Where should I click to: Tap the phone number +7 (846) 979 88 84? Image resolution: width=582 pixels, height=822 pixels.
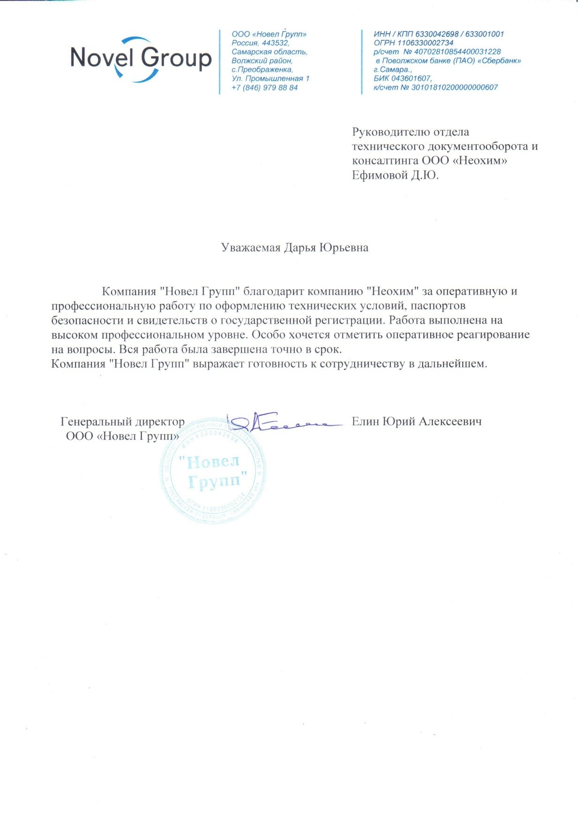coord(264,88)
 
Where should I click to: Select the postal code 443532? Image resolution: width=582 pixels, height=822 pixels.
coord(275,43)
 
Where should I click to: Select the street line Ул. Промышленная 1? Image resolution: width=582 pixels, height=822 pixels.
coord(270,79)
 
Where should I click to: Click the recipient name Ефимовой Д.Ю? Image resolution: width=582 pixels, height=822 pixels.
coord(395,176)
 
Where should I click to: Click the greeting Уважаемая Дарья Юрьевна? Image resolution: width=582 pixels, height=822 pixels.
coord(294,248)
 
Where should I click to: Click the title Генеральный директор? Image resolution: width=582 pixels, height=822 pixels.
coord(122,422)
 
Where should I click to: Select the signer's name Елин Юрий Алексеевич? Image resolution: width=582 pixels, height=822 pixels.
coord(416,422)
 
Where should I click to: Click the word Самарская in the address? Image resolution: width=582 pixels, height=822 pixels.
coord(251,52)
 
